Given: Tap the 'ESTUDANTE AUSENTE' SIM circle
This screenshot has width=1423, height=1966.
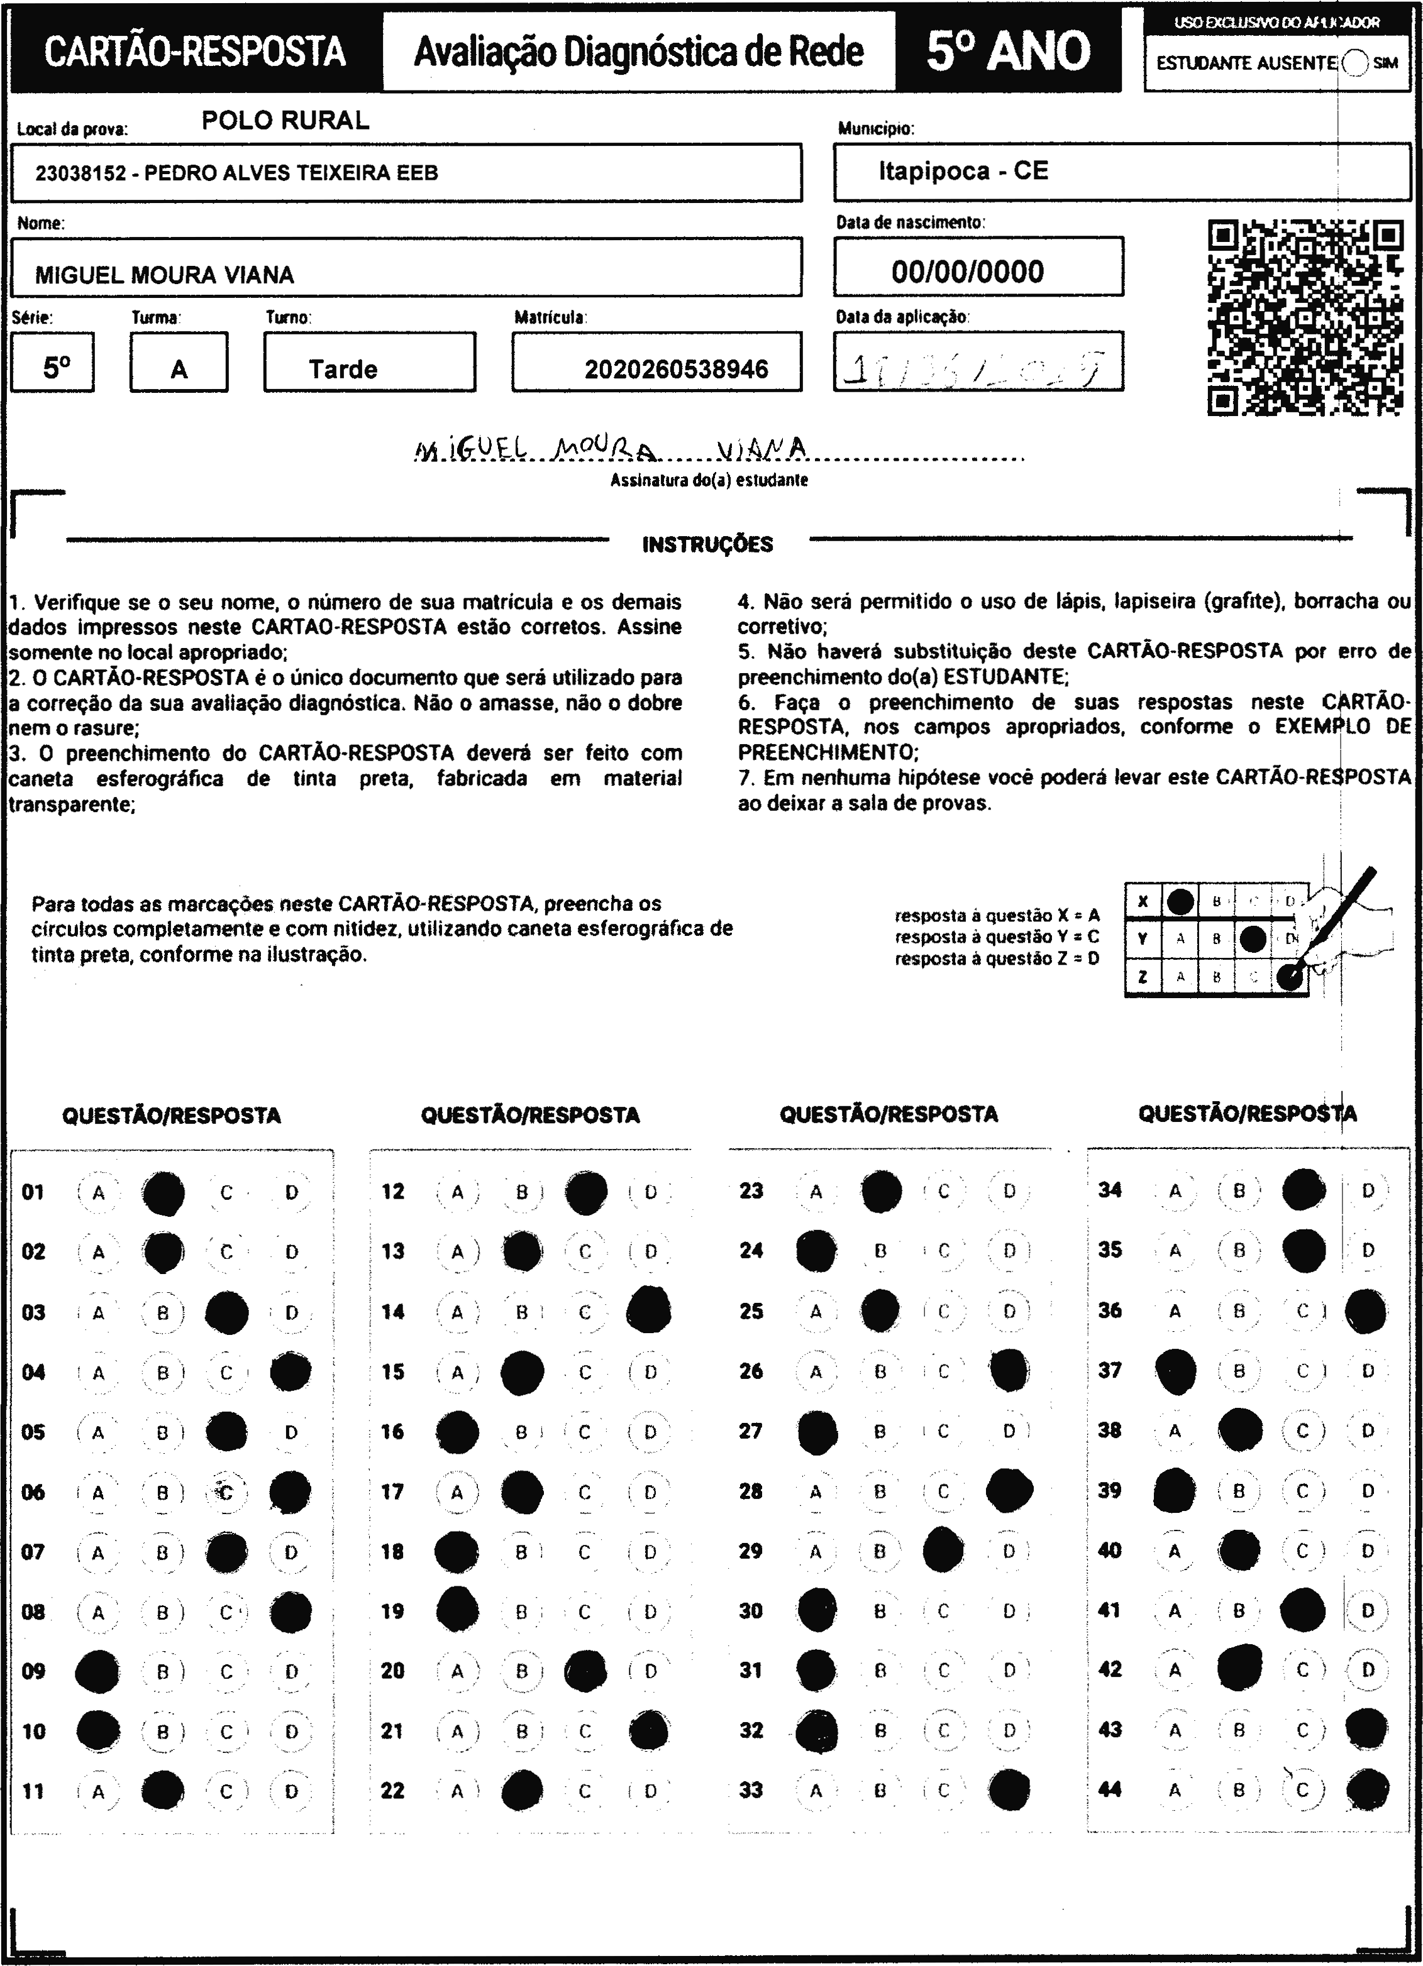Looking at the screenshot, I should point(1354,62).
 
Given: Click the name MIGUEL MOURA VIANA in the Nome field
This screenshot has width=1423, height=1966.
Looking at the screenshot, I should point(165,276).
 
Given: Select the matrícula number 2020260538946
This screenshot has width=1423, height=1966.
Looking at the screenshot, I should point(677,370).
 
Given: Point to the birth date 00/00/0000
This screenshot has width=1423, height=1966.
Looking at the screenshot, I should point(968,272).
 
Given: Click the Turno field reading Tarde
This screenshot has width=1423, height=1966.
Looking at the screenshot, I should point(343,370).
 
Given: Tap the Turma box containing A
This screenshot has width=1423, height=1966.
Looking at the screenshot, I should point(179,370).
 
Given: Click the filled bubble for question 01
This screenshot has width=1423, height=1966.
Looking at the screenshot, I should point(163,1194).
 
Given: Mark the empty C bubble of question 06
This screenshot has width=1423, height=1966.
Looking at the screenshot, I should point(226,1492).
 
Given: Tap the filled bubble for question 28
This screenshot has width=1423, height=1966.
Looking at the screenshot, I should point(1009,1490).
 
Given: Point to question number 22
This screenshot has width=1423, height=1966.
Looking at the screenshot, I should point(393,1791).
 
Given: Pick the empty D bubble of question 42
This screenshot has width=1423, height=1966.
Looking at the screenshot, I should point(1368,1669).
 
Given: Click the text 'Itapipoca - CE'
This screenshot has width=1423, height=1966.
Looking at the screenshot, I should point(963,171).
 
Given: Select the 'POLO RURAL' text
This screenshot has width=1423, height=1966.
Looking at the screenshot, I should point(285,121).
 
